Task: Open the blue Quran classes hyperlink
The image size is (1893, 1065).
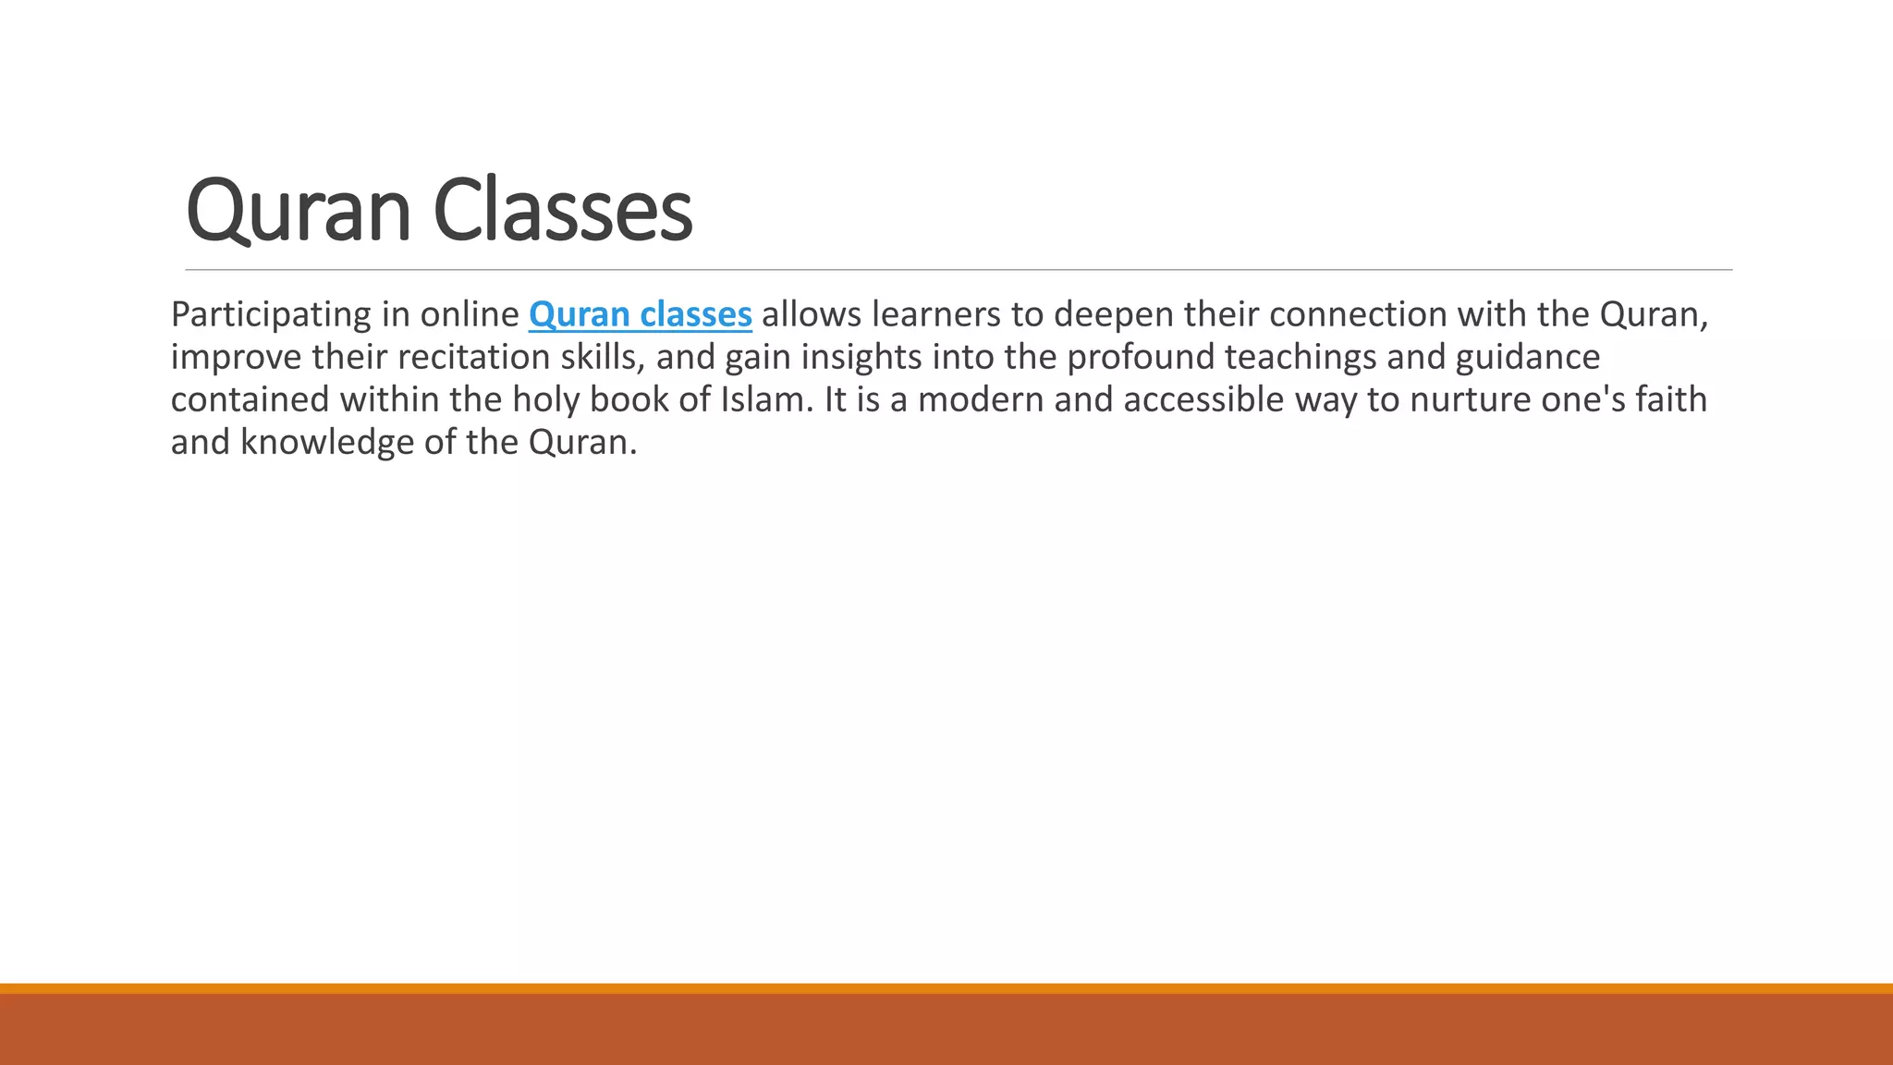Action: click(x=640, y=315)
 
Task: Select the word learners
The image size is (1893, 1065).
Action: click(x=935, y=315)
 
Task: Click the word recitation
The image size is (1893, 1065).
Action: click(x=473, y=358)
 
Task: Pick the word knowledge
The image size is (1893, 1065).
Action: click(x=327, y=443)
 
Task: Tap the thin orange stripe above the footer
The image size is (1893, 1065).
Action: click(x=946, y=988)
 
